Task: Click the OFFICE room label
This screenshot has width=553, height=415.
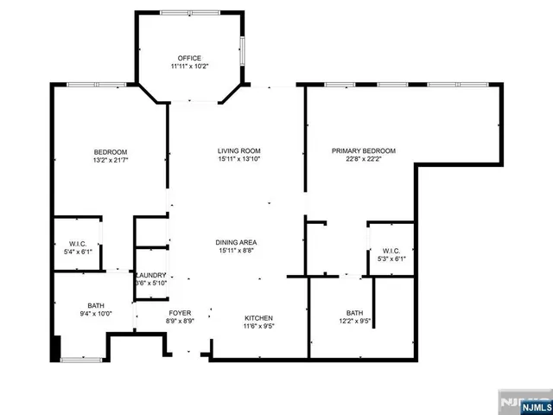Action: coord(189,58)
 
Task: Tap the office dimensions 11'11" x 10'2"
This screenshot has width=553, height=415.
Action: coord(189,67)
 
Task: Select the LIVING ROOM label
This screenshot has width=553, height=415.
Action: coord(238,151)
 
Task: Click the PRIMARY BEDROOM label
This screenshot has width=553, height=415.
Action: coord(364,151)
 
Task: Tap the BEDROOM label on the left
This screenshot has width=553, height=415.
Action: coord(110,152)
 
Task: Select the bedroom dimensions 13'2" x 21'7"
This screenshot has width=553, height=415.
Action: coord(110,161)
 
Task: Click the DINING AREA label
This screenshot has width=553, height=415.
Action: coord(236,242)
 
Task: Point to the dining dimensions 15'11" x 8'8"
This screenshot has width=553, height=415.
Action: coord(236,251)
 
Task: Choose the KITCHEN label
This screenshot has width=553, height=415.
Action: coord(258,318)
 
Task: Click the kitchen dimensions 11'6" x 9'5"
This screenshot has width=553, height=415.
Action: coord(258,327)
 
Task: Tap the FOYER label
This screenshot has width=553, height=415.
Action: coord(179,312)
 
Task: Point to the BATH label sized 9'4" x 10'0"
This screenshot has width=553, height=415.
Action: coord(95,305)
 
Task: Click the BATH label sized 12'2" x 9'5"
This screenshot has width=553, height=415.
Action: coord(354,313)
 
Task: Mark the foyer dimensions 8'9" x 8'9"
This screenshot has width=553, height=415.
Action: coord(179,321)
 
